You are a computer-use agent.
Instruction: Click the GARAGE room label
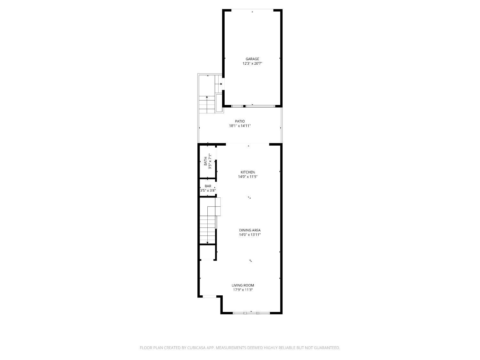click(x=252, y=59)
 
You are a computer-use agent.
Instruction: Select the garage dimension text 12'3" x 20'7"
click(x=252, y=63)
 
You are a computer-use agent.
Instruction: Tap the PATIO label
click(x=240, y=121)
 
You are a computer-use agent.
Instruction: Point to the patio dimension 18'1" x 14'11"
click(x=240, y=126)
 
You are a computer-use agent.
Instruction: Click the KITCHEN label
click(x=248, y=172)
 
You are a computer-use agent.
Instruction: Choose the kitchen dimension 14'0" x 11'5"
click(x=248, y=177)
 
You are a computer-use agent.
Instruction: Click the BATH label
click(x=205, y=161)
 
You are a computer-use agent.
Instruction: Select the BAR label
click(x=208, y=186)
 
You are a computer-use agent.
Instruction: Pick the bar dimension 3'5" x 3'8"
click(x=208, y=190)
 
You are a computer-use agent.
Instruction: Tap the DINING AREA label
click(x=250, y=230)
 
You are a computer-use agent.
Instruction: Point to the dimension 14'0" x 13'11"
click(x=250, y=235)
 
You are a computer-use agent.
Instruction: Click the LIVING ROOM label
click(x=243, y=285)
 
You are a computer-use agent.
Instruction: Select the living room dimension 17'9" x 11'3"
click(x=243, y=290)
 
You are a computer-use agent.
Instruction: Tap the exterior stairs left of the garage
click(x=207, y=105)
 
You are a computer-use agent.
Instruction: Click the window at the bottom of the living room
click(x=251, y=313)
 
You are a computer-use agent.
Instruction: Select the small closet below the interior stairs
click(x=208, y=252)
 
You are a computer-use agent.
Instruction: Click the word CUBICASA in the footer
click(x=196, y=348)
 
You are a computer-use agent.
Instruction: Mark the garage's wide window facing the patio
click(x=260, y=106)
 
